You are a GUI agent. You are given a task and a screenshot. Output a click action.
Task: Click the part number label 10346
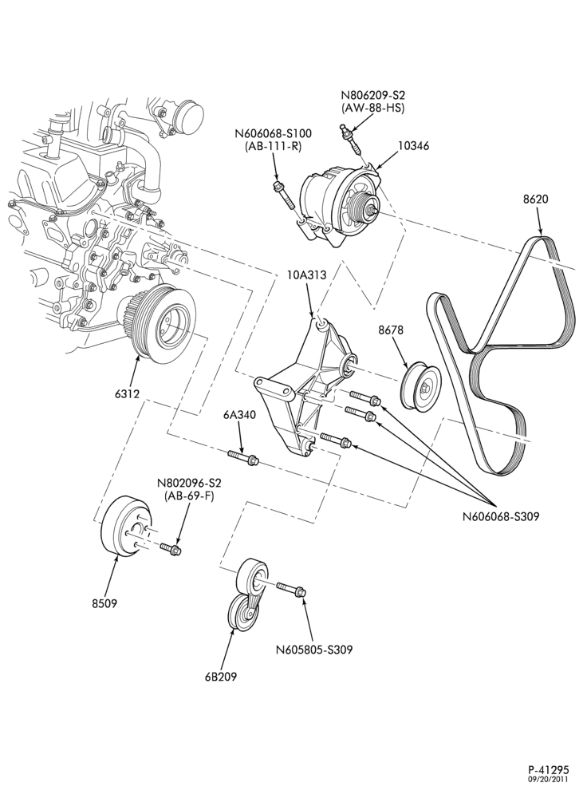pos(413,146)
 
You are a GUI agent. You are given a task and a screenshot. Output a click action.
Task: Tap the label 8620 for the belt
pos(536,199)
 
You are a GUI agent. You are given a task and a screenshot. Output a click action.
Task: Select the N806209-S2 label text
pos(372,96)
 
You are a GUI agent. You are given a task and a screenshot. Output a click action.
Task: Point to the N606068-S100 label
pos(273,134)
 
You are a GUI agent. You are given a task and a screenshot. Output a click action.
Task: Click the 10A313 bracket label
pos(306,275)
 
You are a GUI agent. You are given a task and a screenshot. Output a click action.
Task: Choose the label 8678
pos(391,330)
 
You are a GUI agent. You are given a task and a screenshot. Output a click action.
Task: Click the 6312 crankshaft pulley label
pos(128,393)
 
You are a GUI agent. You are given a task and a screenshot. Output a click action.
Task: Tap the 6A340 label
pos(239,415)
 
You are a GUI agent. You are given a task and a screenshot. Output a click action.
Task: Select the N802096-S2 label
pos(189,483)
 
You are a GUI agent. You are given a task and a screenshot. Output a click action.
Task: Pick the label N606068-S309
pos(501,517)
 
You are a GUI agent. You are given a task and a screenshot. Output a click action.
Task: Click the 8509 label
pos(104,603)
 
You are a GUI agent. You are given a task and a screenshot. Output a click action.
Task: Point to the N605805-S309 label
pos(314,650)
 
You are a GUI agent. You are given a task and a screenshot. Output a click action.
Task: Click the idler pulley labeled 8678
pos(421,385)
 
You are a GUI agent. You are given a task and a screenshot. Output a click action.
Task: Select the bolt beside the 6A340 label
pos(243,457)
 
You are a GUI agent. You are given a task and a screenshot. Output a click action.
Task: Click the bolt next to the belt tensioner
pos(291,590)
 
